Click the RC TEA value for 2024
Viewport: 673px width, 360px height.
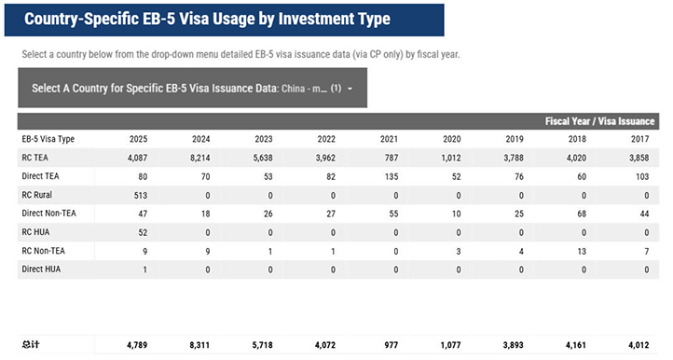click(200, 158)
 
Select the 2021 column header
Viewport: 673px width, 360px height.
click(389, 139)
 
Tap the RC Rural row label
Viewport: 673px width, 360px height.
click(37, 195)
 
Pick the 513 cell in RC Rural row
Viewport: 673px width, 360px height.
click(141, 196)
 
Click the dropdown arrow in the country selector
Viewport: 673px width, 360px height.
click(350, 89)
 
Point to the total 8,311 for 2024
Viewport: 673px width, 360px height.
click(199, 344)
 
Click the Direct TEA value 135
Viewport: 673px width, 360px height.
click(391, 176)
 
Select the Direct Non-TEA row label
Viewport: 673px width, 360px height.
click(48, 213)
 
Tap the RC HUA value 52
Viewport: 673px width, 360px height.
click(143, 232)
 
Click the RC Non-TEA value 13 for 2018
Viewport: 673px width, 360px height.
click(582, 251)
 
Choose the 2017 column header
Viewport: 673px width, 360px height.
click(640, 139)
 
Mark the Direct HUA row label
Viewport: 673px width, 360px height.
click(41, 269)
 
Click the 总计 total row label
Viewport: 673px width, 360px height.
click(31, 344)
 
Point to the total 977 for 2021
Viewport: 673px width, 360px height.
click(391, 344)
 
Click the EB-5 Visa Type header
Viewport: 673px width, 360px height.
click(48, 139)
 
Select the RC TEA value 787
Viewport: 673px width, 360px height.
click(391, 158)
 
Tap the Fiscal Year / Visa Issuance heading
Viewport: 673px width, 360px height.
click(599, 121)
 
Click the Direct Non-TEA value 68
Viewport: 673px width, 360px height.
click(582, 214)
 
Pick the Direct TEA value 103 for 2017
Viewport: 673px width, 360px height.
click(642, 176)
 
